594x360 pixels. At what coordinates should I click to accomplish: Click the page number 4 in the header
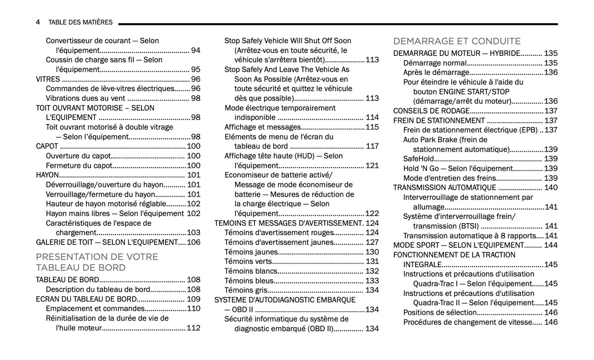point(38,22)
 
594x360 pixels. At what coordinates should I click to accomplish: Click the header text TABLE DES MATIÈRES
point(80,22)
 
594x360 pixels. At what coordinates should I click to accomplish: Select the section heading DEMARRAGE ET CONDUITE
point(456,41)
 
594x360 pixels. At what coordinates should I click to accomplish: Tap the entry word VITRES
point(48,79)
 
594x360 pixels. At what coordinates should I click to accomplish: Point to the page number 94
point(196,51)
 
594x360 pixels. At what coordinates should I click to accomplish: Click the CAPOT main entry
point(47,146)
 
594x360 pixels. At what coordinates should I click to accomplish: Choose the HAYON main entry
point(47,175)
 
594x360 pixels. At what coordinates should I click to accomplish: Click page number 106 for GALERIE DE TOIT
point(194,242)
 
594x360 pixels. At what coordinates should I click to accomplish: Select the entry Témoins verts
point(248,261)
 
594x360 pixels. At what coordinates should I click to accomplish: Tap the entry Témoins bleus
point(249,281)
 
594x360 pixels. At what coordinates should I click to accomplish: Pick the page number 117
point(372,146)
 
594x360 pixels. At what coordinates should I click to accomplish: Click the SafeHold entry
point(418,159)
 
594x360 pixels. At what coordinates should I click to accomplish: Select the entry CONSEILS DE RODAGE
point(431,111)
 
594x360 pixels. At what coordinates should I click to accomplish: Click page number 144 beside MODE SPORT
point(551,245)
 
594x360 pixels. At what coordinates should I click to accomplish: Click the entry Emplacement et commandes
point(95,309)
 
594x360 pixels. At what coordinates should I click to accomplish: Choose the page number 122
point(372,214)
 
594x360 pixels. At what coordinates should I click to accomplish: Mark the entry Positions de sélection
point(439,312)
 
